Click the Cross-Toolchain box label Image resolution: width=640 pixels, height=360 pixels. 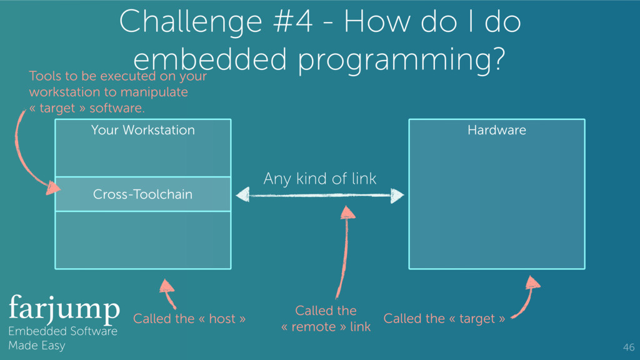click(x=142, y=194)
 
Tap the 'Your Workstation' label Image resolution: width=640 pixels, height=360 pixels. click(x=142, y=130)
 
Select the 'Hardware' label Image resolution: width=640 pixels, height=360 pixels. click(x=497, y=130)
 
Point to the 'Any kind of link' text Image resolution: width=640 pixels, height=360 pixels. click(x=320, y=179)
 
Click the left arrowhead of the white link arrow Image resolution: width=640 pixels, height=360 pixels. click(x=242, y=195)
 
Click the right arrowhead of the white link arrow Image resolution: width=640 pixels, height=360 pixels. click(x=397, y=196)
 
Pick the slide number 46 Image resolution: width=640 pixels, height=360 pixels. click(x=628, y=347)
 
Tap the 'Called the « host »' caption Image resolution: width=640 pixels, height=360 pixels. click(x=189, y=319)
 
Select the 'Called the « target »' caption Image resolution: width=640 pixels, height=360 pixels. click(x=444, y=319)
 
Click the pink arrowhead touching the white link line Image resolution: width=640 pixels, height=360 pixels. click(x=348, y=212)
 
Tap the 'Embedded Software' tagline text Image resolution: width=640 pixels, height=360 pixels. click(x=62, y=332)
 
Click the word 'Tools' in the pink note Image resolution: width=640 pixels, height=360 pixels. click(x=46, y=76)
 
